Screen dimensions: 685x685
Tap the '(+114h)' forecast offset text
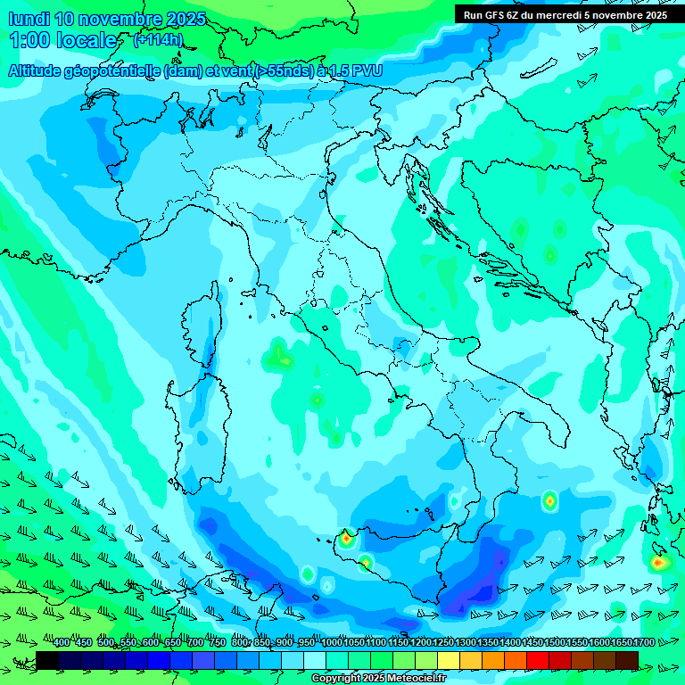tap(158, 40)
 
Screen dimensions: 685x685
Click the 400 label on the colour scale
tap(62, 643)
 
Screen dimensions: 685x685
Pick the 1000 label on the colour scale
tap(331, 643)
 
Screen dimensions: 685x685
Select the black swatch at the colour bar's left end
tap(47, 659)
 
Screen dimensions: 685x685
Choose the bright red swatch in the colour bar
tap(538, 659)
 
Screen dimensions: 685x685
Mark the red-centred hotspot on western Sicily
tap(346, 538)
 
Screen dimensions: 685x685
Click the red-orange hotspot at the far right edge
tap(658, 562)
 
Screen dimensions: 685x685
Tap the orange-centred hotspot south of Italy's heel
tap(549, 501)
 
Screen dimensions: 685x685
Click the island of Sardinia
tap(190, 428)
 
